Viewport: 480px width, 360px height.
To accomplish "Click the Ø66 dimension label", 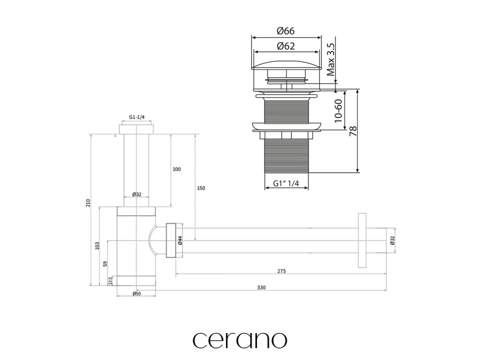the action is click(286, 31).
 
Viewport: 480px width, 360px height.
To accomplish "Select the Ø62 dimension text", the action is click(286, 46).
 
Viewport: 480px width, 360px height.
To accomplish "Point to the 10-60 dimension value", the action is click(338, 111).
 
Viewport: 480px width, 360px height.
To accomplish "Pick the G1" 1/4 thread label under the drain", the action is click(286, 184).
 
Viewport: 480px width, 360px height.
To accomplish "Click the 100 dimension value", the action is click(177, 169).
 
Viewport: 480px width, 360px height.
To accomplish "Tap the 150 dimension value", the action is click(201, 188).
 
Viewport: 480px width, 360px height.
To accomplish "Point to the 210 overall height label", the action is click(87, 202).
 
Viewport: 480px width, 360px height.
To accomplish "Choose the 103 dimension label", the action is click(97, 245).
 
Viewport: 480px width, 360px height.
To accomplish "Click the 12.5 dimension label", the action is click(110, 281).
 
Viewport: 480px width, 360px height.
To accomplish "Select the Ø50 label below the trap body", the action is click(136, 294).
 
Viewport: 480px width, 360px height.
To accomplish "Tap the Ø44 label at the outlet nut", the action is click(180, 241).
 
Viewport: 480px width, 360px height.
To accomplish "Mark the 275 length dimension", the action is click(281, 271).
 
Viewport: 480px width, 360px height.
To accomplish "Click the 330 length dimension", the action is click(261, 288).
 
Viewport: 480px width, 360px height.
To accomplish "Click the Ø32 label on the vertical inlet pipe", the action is click(137, 194).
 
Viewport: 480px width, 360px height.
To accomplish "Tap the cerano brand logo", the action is click(240, 339).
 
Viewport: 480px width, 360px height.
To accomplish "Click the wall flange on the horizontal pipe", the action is click(361, 240).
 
